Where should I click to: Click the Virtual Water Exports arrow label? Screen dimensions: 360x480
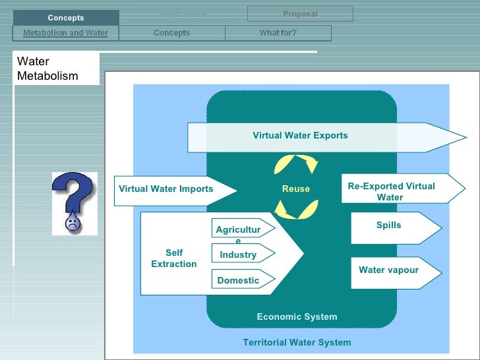[x=300, y=136]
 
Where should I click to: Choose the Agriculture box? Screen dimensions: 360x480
[x=238, y=230]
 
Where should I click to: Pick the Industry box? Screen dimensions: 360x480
[x=238, y=255]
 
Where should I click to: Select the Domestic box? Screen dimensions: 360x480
[x=238, y=280]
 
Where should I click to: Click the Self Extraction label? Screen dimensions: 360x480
[x=174, y=258]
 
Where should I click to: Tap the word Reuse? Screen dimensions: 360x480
[x=296, y=189]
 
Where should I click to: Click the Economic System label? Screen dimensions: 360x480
[x=297, y=317]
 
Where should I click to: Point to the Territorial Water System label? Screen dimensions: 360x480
[x=297, y=342]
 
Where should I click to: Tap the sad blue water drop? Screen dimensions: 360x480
[x=72, y=221]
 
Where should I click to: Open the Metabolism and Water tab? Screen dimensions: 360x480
[x=65, y=33]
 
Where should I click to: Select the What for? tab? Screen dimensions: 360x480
[x=278, y=33]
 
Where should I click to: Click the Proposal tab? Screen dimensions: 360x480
[x=300, y=14]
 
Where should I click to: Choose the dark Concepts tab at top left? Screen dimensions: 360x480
[x=66, y=18]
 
